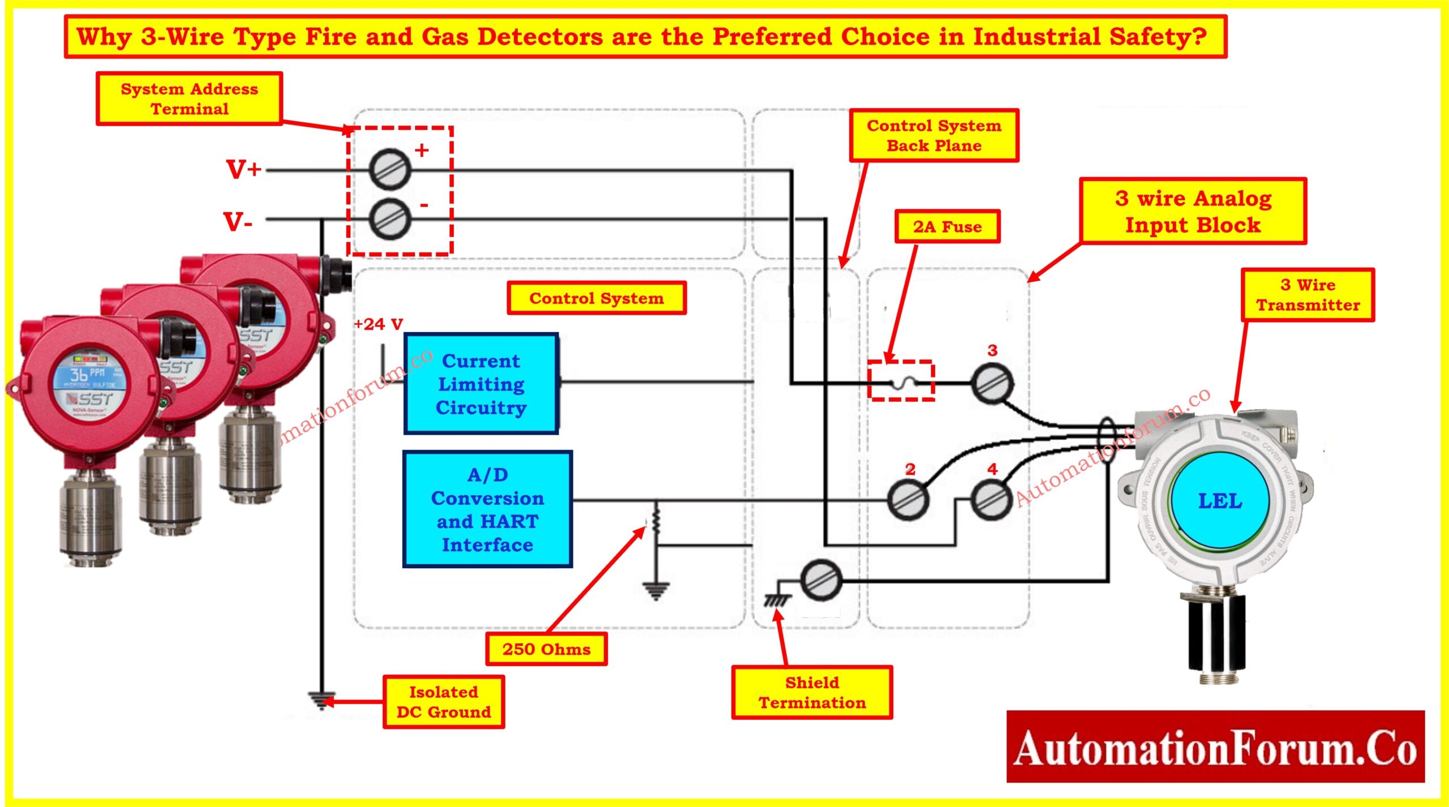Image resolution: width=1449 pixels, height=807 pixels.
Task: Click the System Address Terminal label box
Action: (189, 98)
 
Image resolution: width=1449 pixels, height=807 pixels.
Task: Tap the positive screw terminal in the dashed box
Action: (389, 169)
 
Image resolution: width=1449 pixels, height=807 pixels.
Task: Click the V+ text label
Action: (244, 169)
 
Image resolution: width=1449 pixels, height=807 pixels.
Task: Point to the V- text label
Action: (238, 221)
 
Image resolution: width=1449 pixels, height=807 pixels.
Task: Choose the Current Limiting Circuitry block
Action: (481, 384)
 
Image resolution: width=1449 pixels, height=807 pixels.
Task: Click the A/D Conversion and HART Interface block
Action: (487, 509)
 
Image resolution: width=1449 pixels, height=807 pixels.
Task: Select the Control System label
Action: (597, 298)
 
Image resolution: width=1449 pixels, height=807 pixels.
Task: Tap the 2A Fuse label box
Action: (947, 226)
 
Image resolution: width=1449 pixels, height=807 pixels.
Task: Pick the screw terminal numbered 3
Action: (992, 383)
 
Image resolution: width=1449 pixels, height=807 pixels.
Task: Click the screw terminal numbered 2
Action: (908, 500)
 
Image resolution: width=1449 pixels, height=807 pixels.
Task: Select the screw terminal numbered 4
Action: (992, 500)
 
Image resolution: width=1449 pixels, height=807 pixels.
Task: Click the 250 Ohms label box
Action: (546, 649)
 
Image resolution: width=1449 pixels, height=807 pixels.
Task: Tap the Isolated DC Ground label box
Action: (444, 702)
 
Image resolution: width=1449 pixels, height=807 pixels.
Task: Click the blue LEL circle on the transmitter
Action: (1220, 501)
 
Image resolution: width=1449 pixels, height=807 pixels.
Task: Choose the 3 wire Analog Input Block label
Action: (1193, 211)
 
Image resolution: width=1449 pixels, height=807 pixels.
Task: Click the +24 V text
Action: (378, 324)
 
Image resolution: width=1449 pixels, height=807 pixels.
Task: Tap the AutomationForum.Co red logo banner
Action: (1215, 747)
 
